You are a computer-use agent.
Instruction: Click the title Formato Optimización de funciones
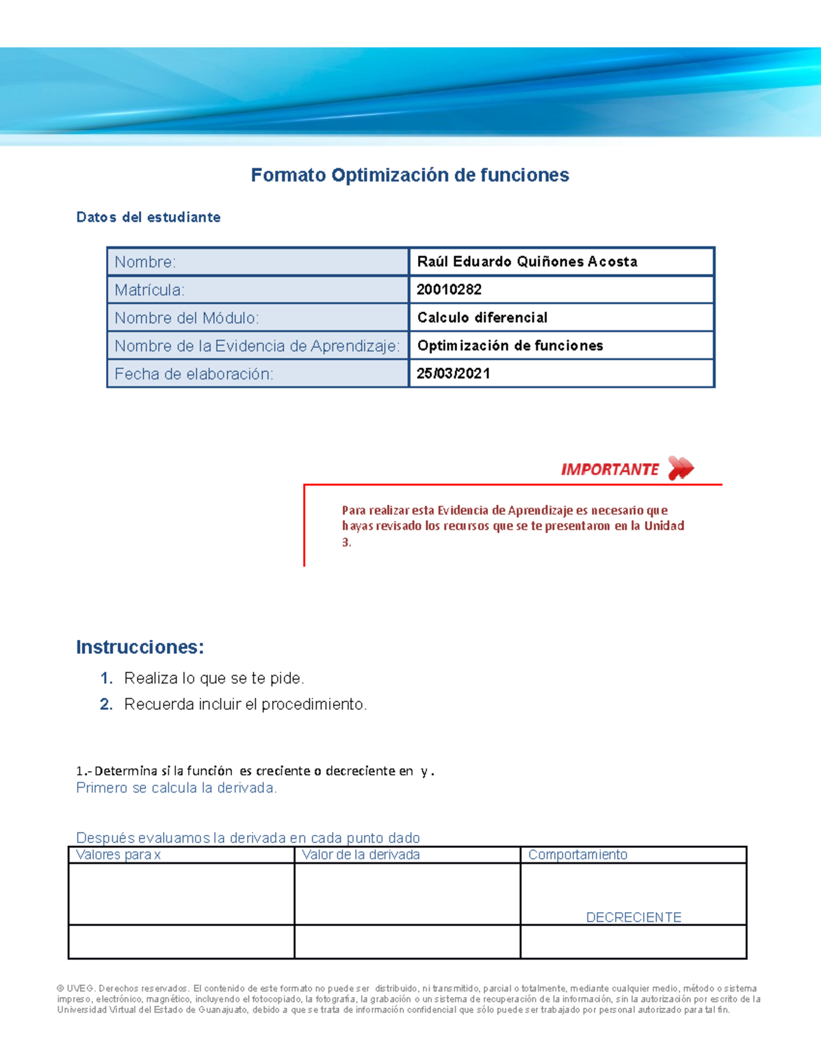pyautogui.click(x=410, y=175)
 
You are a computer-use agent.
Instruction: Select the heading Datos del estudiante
pyautogui.click(x=148, y=217)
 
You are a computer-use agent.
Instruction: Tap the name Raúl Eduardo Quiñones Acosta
pyautogui.click(x=527, y=262)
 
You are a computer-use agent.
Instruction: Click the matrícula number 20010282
pyautogui.click(x=449, y=290)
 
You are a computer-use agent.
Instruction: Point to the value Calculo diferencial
pyautogui.click(x=482, y=318)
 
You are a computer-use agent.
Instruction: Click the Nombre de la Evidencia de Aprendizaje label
pyautogui.click(x=257, y=346)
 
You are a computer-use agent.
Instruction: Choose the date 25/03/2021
pyautogui.click(x=453, y=374)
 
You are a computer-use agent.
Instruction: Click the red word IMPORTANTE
pyautogui.click(x=610, y=470)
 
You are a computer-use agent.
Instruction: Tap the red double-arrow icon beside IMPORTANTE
pyautogui.click(x=681, y=468)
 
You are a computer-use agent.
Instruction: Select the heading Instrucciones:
pyautogui.click(x=140, y=647)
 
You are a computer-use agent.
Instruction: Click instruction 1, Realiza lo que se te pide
pyautogui.click(x=213, y=678)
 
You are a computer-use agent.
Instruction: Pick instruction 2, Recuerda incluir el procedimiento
pyautogui.click(x=245, y=704)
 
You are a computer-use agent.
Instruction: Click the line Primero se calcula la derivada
pyautogui.click(x=177, y=788)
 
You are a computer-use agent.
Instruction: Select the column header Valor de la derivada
pyautogui.click(x=361, y=855)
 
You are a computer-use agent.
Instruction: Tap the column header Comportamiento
pyautogui.click(x=577, y=855)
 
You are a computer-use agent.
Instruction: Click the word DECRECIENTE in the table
pyautogui.click(x=634, y=917)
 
